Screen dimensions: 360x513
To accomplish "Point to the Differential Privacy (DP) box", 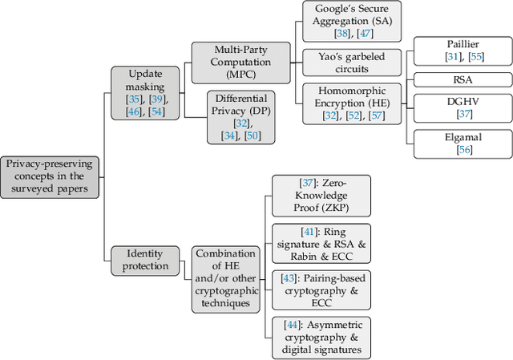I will coord(240,116).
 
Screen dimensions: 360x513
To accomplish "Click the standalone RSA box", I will coord(454,80).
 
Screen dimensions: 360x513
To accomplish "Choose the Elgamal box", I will coord(454,144).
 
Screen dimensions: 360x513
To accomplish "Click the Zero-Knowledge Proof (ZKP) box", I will coord(321,196).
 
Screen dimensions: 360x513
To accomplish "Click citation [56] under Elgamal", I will coord(454,149).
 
